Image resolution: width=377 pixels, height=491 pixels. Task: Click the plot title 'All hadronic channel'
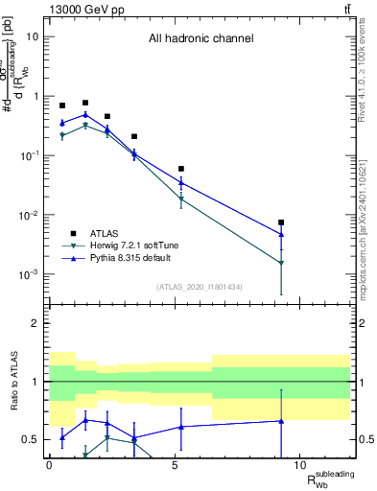click(x=200, y=39)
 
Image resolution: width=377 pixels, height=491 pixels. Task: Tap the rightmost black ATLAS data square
click(x=281, y=222)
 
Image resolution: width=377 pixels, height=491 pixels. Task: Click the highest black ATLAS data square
click(x=85, y=103)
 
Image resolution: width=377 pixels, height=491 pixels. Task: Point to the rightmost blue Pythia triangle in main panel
click(x=281, y=233)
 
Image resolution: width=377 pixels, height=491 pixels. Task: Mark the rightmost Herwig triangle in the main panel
click(x=281, y=263)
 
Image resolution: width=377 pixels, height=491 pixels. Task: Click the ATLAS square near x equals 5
click(x=181, y=169)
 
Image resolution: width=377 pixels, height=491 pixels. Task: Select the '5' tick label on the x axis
click(x=174, y=465)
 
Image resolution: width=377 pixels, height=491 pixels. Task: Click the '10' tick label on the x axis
click(x=299, y=465)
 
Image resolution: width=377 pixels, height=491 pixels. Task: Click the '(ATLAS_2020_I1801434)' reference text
click(x=200, y=288)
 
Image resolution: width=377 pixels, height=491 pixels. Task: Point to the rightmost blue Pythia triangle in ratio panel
click(x=281, y=421)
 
